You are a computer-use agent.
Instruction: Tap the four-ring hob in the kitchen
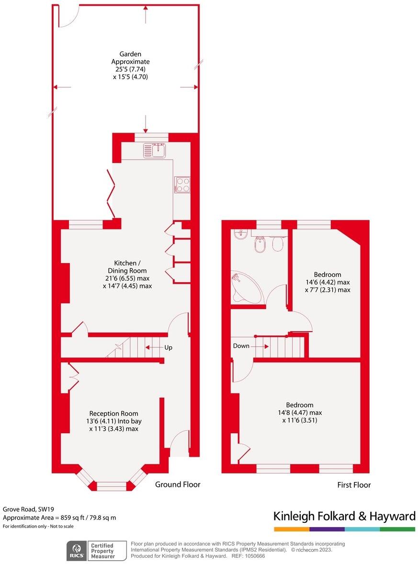[183, 184]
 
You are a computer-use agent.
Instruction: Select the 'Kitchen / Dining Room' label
[127, 263]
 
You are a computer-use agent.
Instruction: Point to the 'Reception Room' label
[113, 413]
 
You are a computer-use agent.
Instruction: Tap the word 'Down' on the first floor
[241, 345]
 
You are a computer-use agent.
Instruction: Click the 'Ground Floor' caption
[178, 484]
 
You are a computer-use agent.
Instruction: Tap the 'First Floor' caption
[354, 485]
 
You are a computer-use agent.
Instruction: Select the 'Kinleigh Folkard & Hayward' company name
[344, 516]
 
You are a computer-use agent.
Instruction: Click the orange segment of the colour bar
[292, 529]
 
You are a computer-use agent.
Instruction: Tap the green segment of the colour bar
[397, 529]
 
